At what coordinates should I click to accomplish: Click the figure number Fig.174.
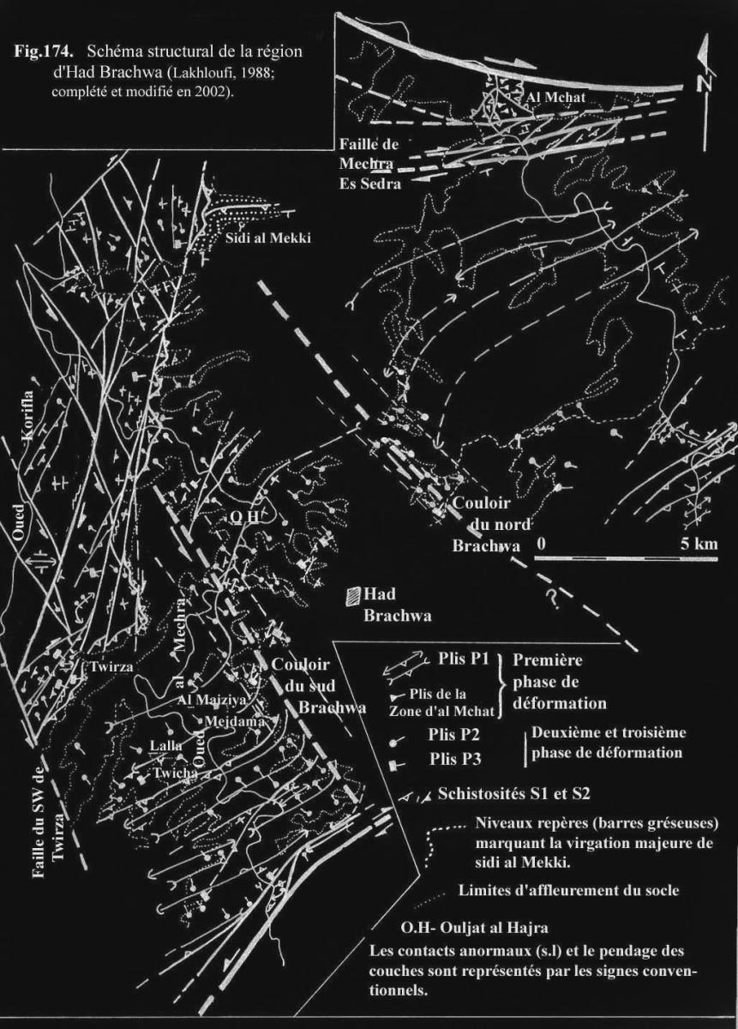[44, 51]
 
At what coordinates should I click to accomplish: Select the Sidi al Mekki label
[267, 238]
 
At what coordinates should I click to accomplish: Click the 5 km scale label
[699, 544]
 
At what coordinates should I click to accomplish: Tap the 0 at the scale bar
[542, 544]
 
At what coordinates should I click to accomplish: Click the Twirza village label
[111, 666]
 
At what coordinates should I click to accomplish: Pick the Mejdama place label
[234, 721]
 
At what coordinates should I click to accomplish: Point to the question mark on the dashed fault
[554, 598]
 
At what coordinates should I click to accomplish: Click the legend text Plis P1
[459, 659]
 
